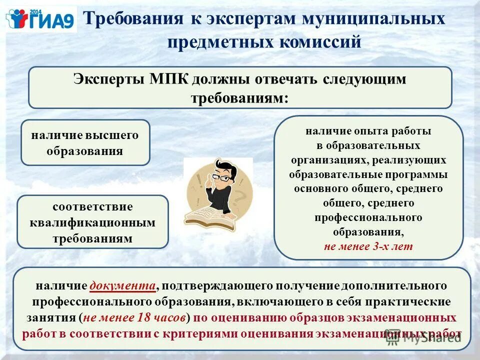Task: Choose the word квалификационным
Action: pos(92,222)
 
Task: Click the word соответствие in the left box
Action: pos(92,207)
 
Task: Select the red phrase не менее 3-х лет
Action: pos(368,246)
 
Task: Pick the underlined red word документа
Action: pos(122,286)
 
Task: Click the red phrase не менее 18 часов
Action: pos(135,317)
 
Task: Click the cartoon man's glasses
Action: pos(222,177)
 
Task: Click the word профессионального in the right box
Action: pos(368,218)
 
